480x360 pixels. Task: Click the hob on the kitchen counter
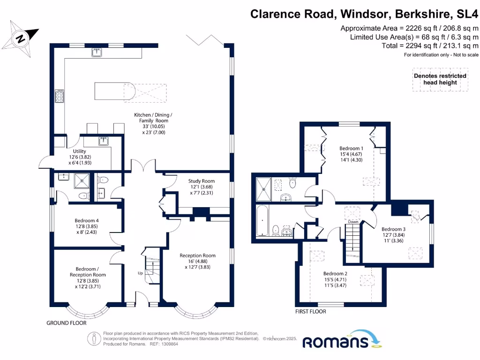point(60,96)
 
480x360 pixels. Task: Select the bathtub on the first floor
point(262,221)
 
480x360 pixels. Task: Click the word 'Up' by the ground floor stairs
point(140,273)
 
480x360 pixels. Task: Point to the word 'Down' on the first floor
point(353,222)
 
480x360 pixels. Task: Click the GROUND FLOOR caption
point(66,323)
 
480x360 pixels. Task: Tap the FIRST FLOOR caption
point(310,311)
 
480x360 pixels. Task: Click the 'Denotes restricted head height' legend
point(440,79)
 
